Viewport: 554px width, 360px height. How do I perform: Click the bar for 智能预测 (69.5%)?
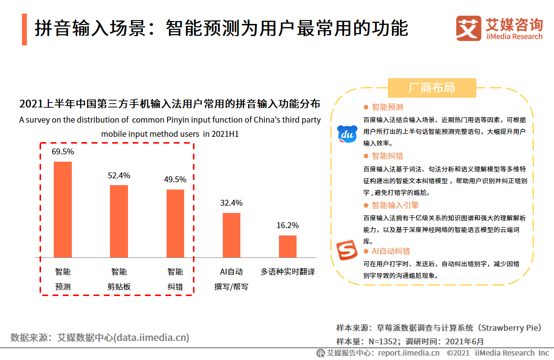tap(63, 209)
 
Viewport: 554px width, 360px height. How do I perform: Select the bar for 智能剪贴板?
tap(119, 221)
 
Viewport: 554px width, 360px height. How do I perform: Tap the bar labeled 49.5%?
tap(175, 223)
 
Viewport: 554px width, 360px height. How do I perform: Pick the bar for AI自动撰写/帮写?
tap(232, 235)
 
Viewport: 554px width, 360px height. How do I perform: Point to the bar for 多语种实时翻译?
tap(288, 246)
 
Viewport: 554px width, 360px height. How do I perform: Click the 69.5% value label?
tap(63, 152)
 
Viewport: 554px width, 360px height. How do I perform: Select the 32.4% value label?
tap(232, 203)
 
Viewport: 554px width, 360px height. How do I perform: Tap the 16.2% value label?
tap(288, 226)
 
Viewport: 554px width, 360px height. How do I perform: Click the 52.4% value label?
tap(119, 175)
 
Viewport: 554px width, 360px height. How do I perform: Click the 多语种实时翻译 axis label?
tap(288, 272)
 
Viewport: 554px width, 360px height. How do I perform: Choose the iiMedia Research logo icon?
tap(468, 28)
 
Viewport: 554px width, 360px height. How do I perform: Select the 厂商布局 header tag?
tap(431, 88)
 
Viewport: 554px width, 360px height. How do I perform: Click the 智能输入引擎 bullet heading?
tap(395, 205)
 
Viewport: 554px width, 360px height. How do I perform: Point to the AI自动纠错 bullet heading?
tap(390, 252)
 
